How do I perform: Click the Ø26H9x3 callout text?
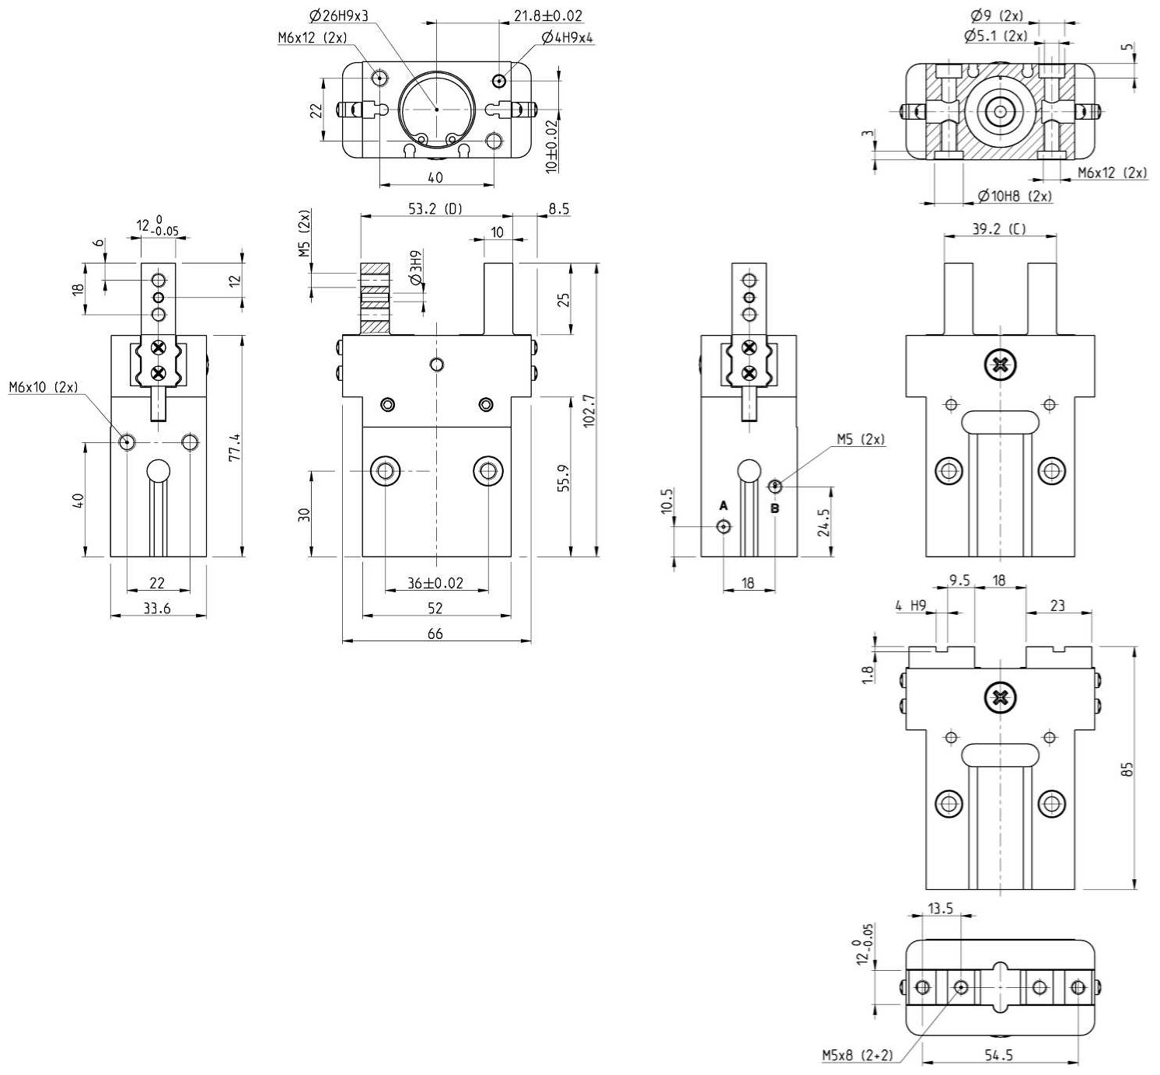[339, 16]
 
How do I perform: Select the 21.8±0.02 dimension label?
[548, 16]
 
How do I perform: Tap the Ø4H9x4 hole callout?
[567, 38]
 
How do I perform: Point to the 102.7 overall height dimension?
[589, 410]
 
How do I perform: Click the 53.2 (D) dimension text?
[435, 208]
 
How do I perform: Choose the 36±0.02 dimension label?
[435, 583]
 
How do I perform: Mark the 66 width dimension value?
[435, 634]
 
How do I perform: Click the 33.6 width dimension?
[157, 609]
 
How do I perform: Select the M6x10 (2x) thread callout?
[44, 387]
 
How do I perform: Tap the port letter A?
[724, 506]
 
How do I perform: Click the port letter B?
[775, 508]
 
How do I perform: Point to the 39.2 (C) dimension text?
[999, 229]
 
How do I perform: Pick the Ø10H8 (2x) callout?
[1015, 196]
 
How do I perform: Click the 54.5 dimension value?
[999, 1055]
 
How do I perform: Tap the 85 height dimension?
[1127, 769]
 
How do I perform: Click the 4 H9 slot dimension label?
[911, 606]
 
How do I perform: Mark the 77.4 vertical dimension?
[235, 448]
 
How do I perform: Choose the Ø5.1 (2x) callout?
[996, 37]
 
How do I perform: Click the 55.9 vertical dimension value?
[564, 478]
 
